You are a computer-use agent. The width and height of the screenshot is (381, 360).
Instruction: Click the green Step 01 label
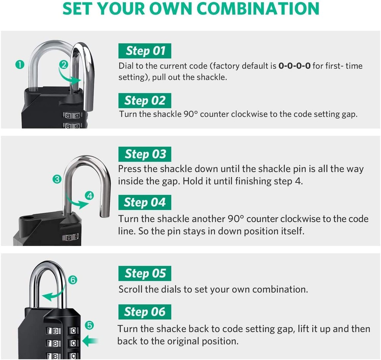[x=145, y=51]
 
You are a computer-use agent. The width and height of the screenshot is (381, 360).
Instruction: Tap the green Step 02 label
[x=145, y=101]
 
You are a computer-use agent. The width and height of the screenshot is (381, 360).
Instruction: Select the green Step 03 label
[x=145, y=154]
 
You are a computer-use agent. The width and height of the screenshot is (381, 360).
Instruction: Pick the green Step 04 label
[x=145, y=203]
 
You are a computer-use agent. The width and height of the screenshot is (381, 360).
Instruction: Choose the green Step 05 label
[x=145, y=274]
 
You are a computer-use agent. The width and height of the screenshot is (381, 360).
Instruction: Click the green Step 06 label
[x=145, y=312]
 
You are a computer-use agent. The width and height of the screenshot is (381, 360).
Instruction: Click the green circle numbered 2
[x=64, y=64]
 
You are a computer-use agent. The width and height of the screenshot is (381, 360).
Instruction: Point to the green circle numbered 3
[x=57, y=179]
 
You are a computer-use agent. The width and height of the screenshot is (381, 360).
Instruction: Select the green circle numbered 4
[x=90, y=196]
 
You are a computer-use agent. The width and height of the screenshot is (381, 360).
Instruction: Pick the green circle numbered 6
[x=73, y=280]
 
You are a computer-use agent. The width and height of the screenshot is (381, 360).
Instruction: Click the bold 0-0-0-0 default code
[x=295, y=66]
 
